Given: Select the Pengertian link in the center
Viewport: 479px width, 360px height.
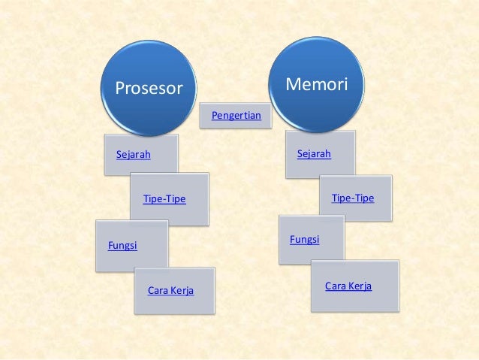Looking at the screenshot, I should [x=236, y=116].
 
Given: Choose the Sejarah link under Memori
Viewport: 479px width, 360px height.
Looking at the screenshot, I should [x=314, y=154].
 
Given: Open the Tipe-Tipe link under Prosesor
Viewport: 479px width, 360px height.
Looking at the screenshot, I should [x=164, y=199].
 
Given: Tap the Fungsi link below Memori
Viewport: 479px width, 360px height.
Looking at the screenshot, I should [x=304, y=239].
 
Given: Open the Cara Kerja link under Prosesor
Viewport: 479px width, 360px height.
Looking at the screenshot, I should [x=170, y=290].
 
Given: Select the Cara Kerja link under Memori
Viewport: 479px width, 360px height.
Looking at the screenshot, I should [x=348, y=286].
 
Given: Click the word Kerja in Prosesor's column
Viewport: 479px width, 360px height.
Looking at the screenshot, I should [x=182, y=290].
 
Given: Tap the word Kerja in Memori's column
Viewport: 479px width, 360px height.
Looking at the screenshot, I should [x=359, y=286].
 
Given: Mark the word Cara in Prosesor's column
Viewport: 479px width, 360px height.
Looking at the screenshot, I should [x=158, y=290].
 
